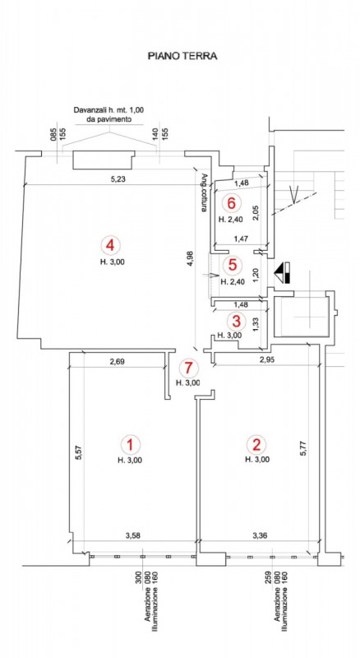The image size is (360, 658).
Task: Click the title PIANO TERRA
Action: point(182,56)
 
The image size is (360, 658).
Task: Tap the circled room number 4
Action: point(110,244)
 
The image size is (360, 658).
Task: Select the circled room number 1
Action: point(130,444)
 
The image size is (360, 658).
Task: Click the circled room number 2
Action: point(256,443)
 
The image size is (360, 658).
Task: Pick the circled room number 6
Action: point(231,203)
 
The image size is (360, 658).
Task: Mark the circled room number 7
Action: point(187,368)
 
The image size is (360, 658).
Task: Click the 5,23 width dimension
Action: point(118,179)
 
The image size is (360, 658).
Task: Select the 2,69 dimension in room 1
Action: point(117,361)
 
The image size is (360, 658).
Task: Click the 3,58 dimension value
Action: point(133,535)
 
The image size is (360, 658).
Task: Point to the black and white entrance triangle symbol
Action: point(283,273)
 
